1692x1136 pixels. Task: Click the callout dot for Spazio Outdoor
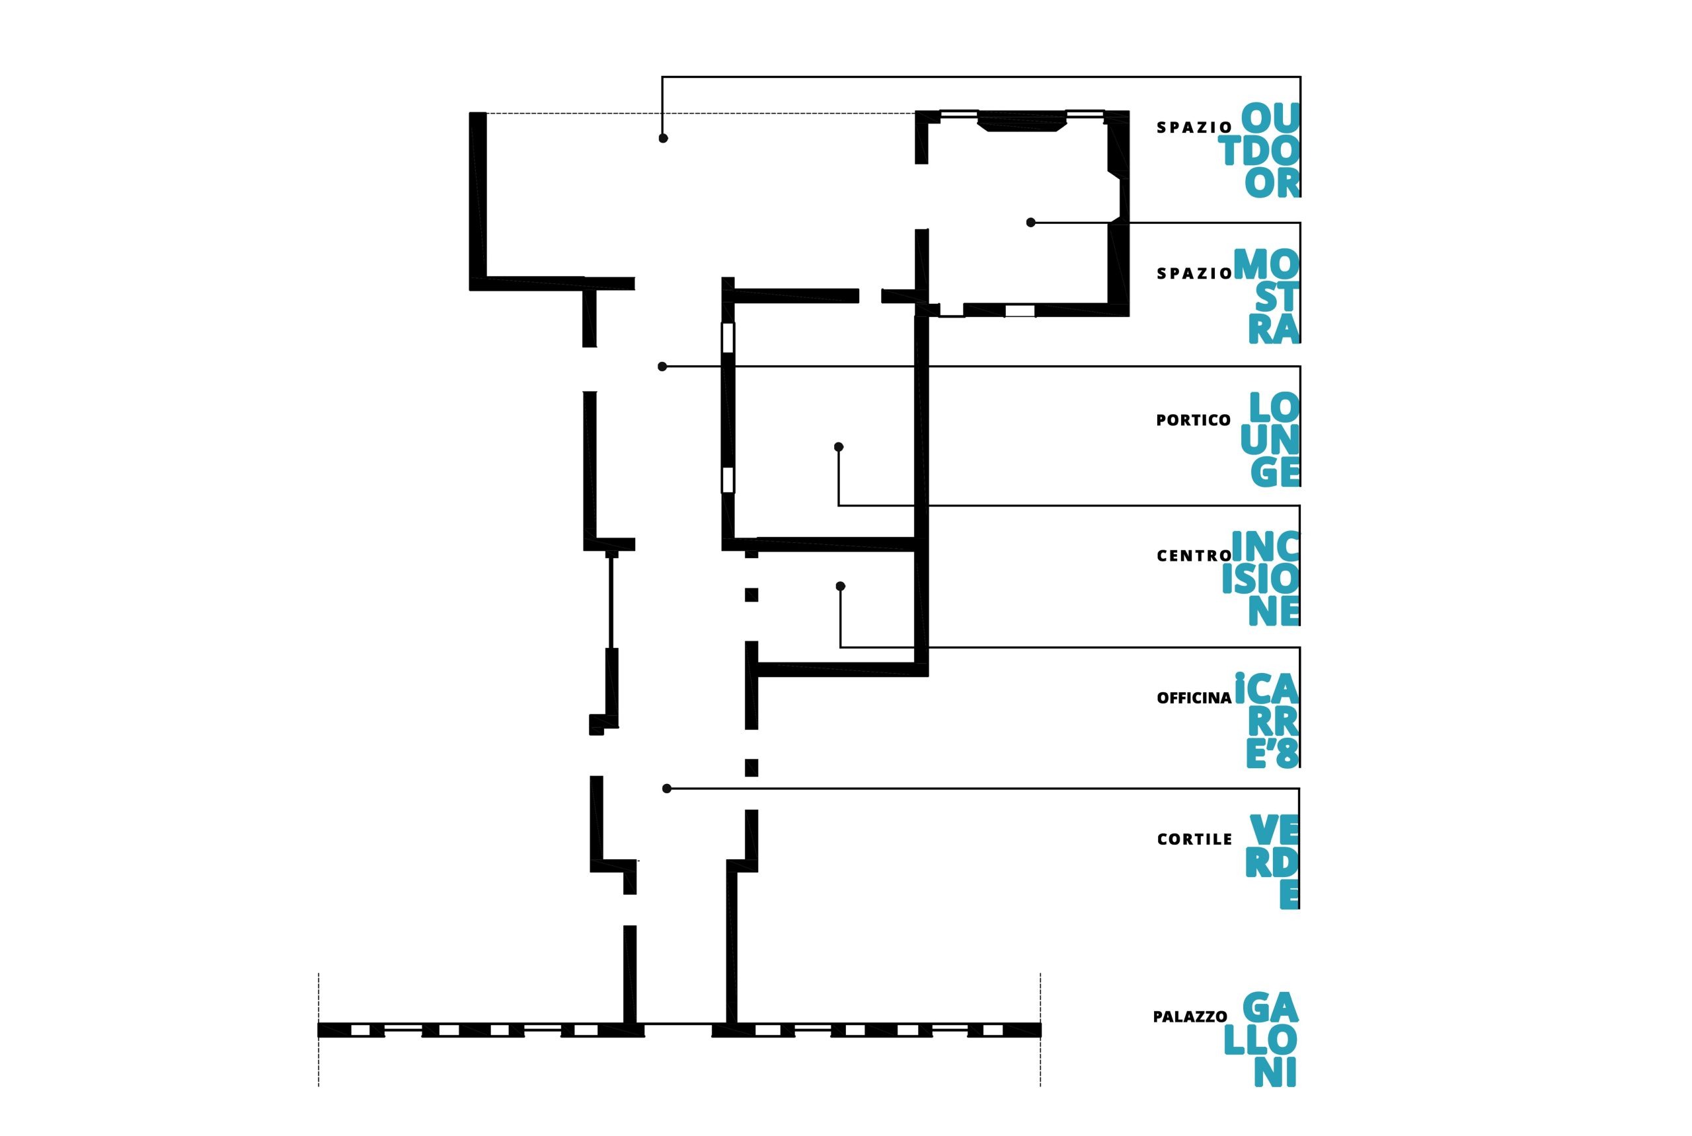[663, 137]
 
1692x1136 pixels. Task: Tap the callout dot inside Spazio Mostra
[1030, 223]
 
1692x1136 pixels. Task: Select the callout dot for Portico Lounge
[662, 367]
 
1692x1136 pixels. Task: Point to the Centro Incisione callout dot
[838, 446]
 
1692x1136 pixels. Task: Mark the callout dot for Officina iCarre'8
[840, 586]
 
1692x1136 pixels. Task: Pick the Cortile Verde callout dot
[666, 788]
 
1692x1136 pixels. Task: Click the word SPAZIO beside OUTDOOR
[1194, 127]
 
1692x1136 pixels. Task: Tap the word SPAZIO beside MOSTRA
[1194, 274]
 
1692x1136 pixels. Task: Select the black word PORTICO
[1193, 420]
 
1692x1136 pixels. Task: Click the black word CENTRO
[1194, 555]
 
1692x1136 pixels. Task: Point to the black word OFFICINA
[1194, 697]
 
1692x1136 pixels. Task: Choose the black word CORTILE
[1194, 839]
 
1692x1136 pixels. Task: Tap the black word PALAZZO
[1190, 1017]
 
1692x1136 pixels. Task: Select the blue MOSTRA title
[1267, 296]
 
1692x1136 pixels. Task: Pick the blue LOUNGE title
[1270, 439]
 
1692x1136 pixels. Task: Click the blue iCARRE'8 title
[1267, 720]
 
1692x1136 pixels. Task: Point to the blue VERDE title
[1272, 861]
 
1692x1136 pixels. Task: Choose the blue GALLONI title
[1260, 1040]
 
